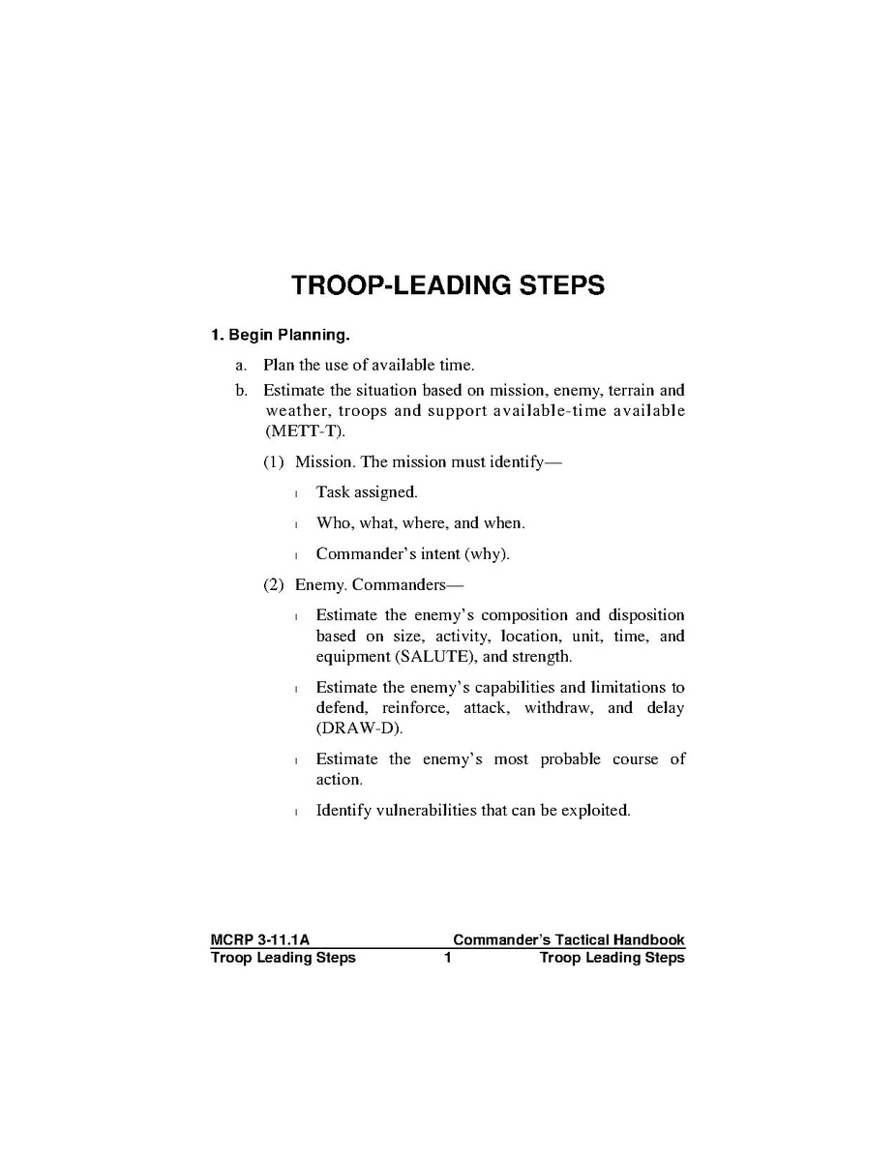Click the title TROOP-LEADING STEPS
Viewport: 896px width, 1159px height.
448,285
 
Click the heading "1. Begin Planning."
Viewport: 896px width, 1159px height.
280,336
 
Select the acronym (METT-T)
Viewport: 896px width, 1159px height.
305,431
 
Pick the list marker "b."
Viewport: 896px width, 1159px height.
241,391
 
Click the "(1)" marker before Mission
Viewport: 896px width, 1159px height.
275,462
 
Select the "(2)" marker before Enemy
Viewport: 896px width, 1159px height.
275,585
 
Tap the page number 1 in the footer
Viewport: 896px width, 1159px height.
448,958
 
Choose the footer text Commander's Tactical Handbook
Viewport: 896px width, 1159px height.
568,940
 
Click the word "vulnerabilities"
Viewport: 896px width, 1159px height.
424,810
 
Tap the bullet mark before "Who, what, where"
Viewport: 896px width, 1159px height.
296,524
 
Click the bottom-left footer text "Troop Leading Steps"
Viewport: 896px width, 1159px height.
283,958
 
